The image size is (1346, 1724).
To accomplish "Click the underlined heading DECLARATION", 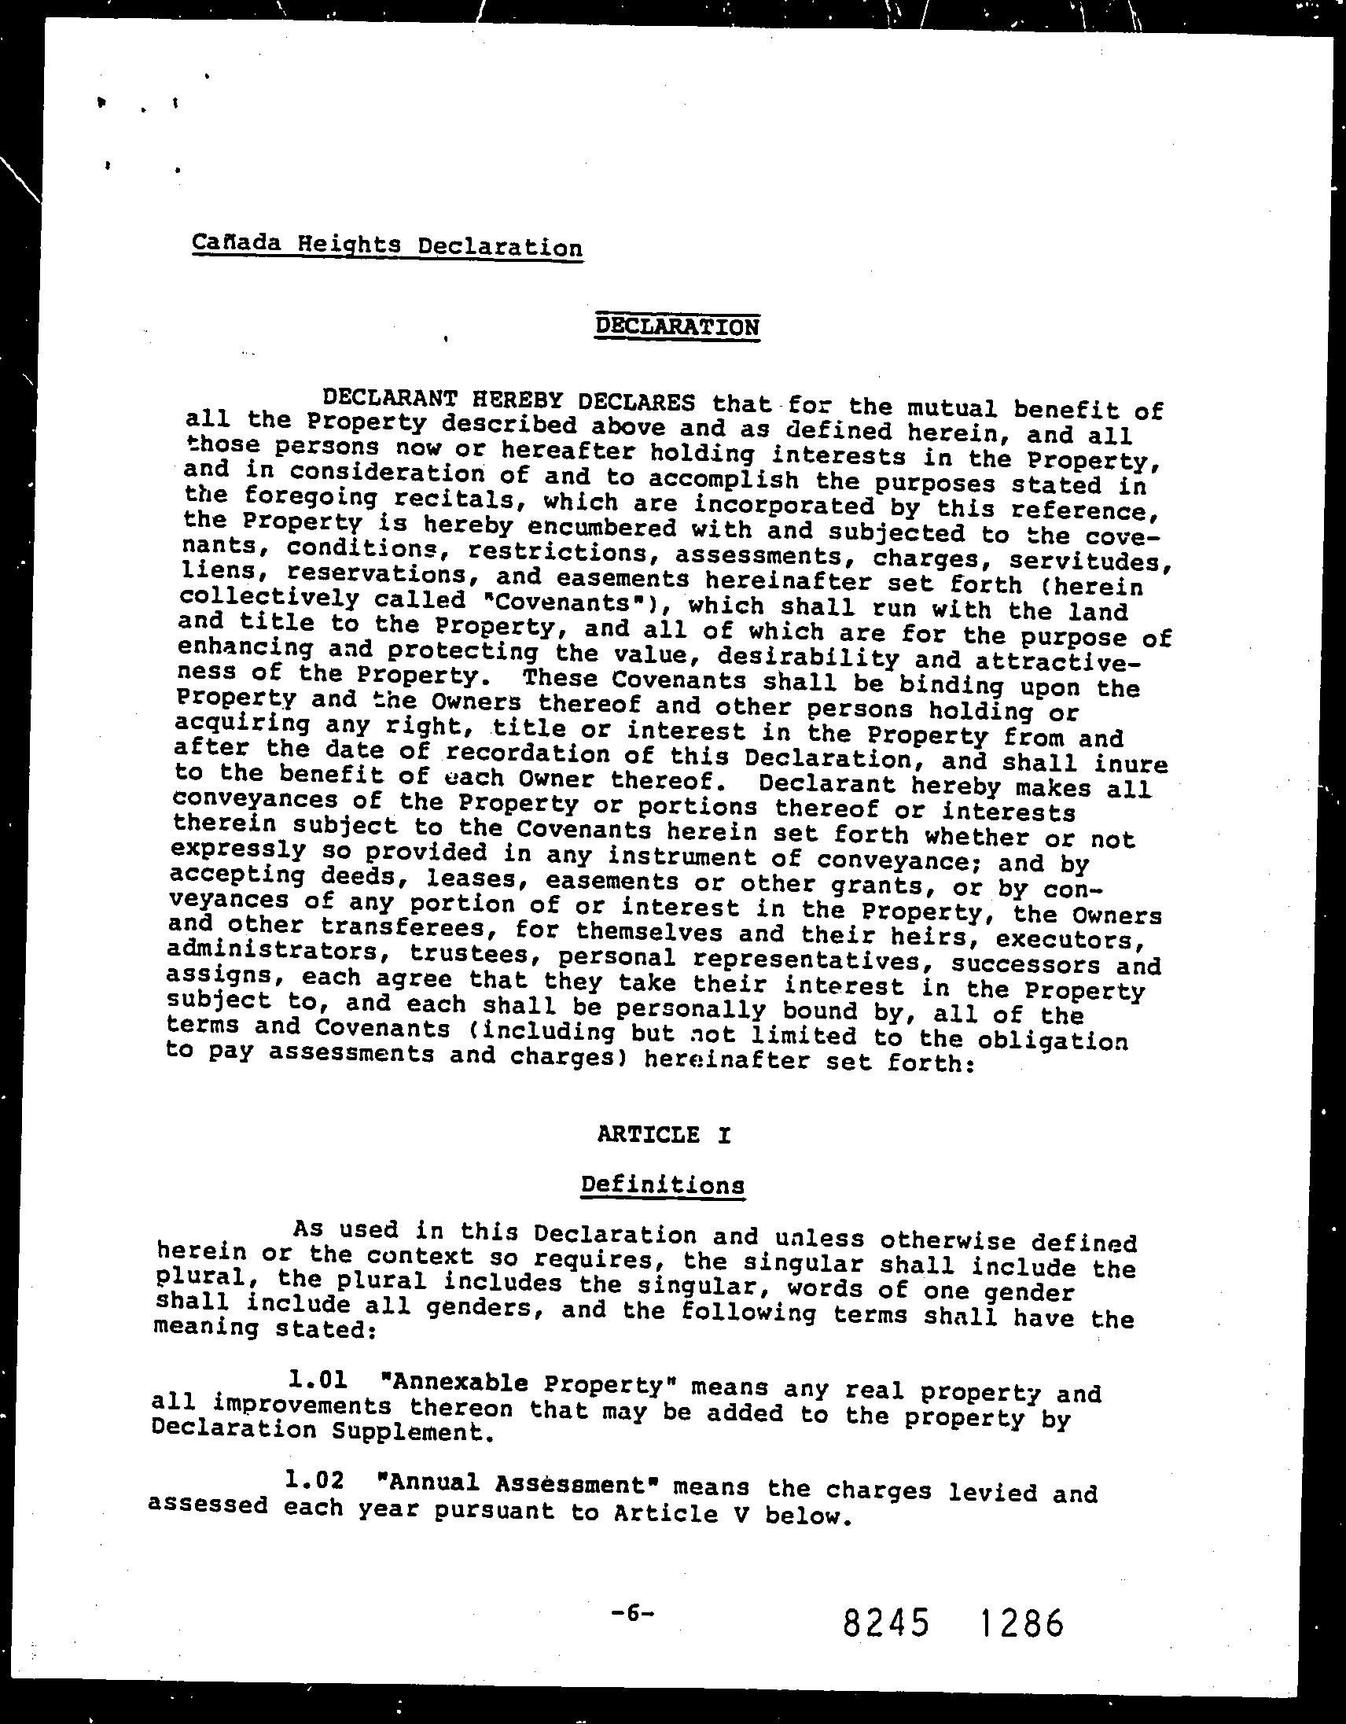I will (x=678, y=326).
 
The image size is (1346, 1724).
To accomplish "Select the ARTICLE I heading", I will (x=664, y=1135).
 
